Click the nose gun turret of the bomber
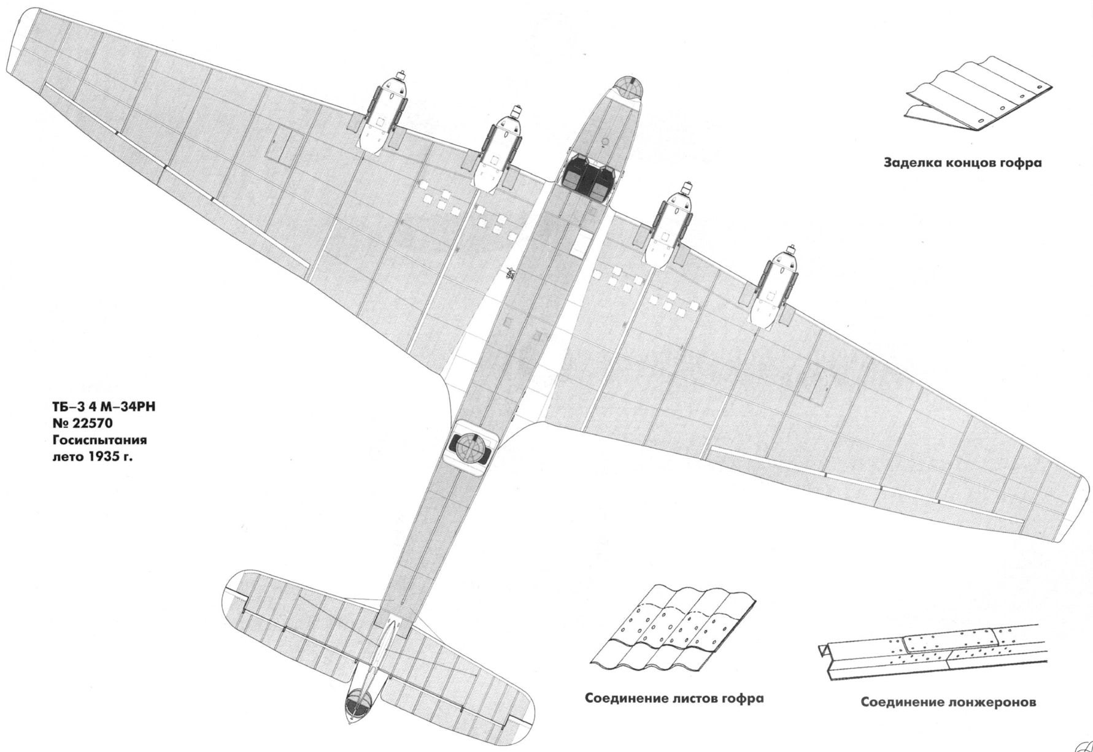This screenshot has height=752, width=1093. click(x=626, y=88)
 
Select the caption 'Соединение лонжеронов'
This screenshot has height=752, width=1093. click(x=948, y=702)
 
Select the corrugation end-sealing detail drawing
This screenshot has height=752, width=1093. click(x=979, y=98)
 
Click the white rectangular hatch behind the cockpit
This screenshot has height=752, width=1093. click(x=578, y=243)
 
